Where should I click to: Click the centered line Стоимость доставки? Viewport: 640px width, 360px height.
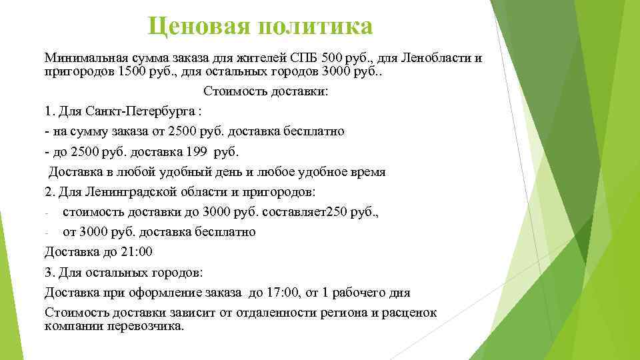(266, 91)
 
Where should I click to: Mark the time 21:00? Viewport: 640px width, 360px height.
(137, 252)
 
